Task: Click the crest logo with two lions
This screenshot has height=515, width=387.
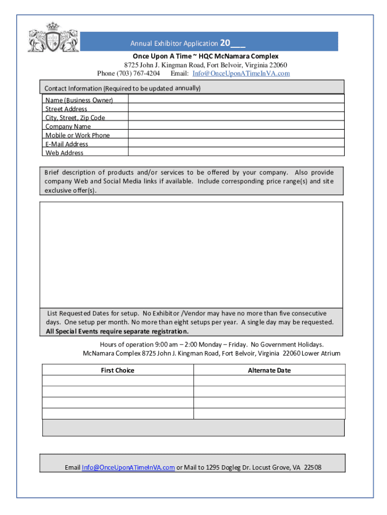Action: (x=53, y=37)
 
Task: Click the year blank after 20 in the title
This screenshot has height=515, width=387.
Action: (x=238, y=44)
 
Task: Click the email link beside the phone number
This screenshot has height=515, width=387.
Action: (x=241, y=73)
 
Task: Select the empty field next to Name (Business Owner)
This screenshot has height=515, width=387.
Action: (x=236, y=100)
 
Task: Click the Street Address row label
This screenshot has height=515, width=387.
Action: (x=66, y=109)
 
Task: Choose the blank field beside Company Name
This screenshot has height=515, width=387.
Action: (x=236, y=126)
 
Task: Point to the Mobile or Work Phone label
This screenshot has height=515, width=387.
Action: (x=77, y=135)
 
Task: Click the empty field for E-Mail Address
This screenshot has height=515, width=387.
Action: (x=236, y=144)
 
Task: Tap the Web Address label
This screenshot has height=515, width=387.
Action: (x=64, y=153)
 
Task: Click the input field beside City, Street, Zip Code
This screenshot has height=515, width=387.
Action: (x=236, y=117)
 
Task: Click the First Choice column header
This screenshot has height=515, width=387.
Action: (x=118, y=371)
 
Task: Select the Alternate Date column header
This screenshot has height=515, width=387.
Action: (x=269, y=371)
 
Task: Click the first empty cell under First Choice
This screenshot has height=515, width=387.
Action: (x=118, y=381)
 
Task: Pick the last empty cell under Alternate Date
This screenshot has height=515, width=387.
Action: (x=269, y=413)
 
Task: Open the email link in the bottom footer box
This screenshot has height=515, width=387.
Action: (x=128, y=468)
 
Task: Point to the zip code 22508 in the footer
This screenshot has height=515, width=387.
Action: (x=313, y=468)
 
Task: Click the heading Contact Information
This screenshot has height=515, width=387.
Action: (x=74, y=89)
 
